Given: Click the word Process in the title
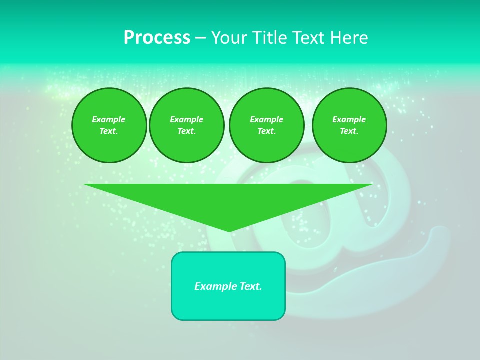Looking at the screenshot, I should [157, 38].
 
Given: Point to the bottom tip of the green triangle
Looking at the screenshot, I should [229, 230].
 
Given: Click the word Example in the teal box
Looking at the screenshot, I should [215, 286].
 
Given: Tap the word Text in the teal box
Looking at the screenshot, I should [250, 286].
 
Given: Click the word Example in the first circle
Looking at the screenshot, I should [109, 119].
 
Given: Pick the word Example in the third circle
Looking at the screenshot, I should [266, 119].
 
